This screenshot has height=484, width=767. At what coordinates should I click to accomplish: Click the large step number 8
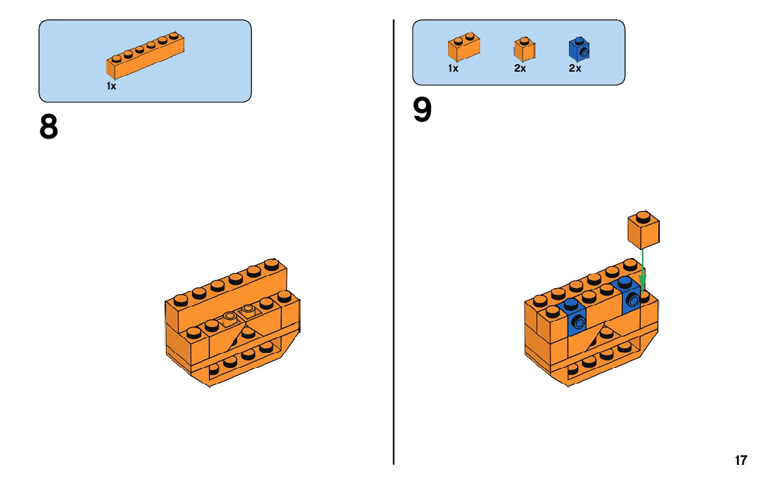coord(48,127)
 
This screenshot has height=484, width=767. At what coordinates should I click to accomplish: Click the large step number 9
coord(422,111)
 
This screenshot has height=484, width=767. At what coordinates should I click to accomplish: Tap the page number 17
coord(740,460)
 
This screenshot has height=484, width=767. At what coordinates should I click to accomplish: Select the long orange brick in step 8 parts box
coord(145,55)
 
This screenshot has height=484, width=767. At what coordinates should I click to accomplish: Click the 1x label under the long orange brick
coord(111,86)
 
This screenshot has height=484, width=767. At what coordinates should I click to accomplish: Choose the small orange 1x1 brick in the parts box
coord(524,49)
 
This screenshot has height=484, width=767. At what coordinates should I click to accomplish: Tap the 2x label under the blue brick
coord(574,68)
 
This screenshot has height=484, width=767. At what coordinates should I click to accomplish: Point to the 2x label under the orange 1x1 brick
coord(520,68)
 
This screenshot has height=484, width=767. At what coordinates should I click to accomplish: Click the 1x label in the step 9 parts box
coord(453,68)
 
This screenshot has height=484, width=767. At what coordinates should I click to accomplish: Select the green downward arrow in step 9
coord(643,270)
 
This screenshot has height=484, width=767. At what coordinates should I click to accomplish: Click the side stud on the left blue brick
coord(579,322)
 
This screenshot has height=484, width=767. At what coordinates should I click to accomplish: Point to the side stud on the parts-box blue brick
coord(584,52)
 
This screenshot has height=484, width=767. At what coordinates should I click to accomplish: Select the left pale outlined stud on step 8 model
coord(229,317)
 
